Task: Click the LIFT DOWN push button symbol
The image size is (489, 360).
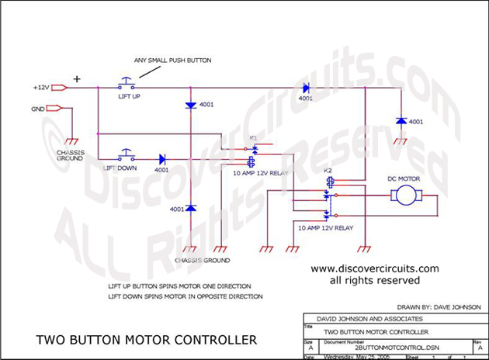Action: click(x=126, y=154)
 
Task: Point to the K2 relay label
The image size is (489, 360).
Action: click(x=328, y=169)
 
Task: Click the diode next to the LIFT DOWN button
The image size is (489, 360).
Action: click(x=161, y=158)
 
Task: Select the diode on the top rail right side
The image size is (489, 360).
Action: click(x=306, y=88)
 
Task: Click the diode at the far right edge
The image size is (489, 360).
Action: click(x=399, y=121)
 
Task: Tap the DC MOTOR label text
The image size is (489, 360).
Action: click(x=403, y=178)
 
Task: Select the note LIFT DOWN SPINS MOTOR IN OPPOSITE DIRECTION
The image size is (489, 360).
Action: click(x=185, y=296)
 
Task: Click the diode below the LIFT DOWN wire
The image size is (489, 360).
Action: click(x=191, y=209)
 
